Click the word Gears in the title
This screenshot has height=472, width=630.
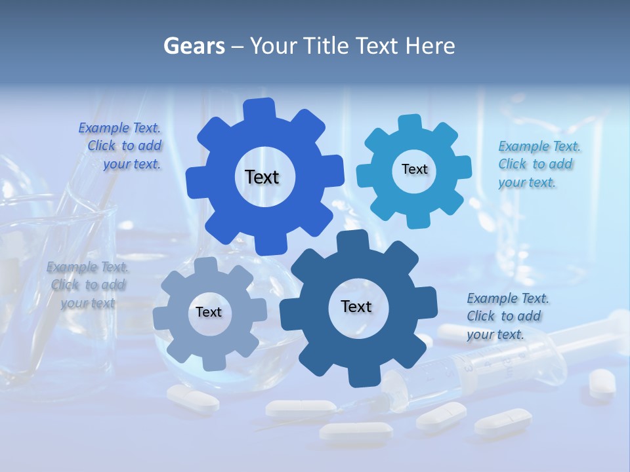(x=194, y=46)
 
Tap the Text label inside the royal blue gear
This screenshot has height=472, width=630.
(x=262, y=177)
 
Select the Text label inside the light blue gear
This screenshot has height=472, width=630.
(x=414, y=169)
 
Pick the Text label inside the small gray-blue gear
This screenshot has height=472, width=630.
(x=208, y=312)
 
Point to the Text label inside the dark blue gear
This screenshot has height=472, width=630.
(x=356, y=306)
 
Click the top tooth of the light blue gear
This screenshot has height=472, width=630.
(x=410, y=123)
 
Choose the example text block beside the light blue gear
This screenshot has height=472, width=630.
(x=538, y=164)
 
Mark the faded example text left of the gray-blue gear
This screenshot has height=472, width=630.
(x=87, y=285)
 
